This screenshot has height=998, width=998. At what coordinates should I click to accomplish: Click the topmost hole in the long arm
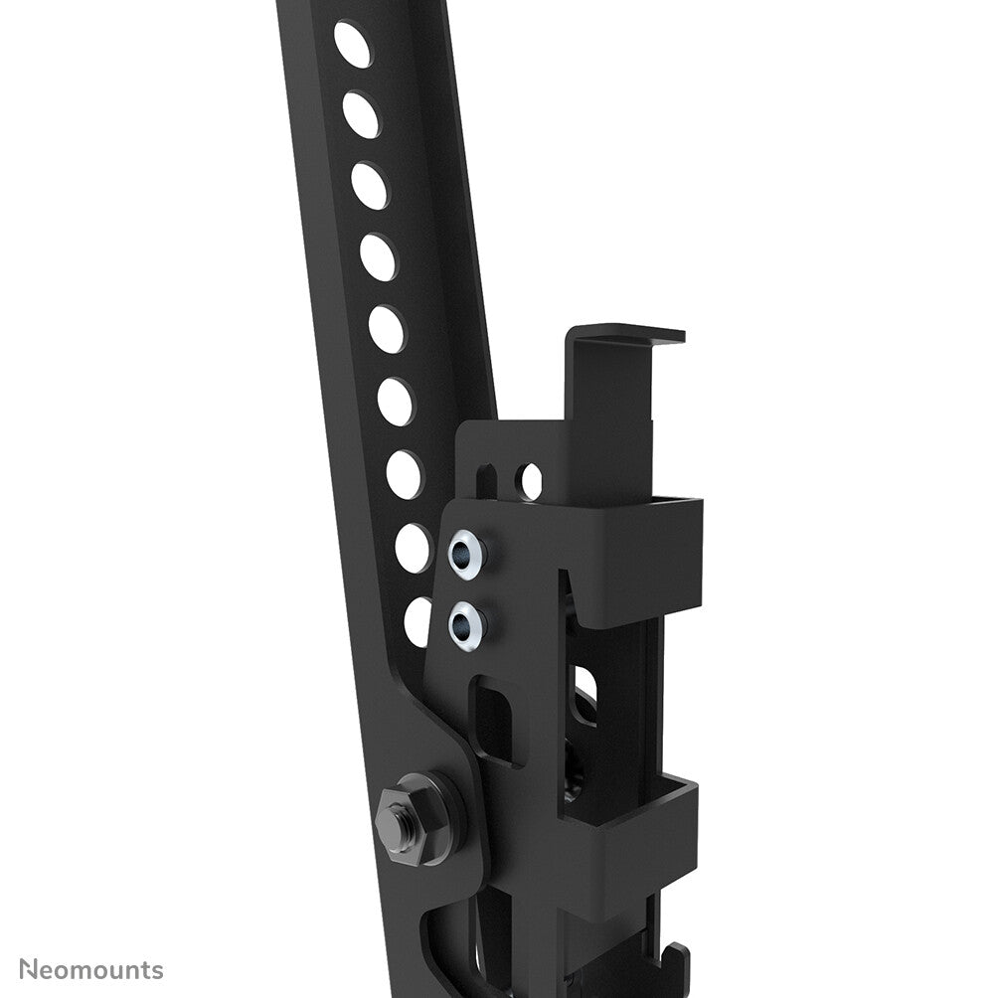click(352, 44)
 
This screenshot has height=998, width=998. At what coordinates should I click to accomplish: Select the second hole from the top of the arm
click(361, 114)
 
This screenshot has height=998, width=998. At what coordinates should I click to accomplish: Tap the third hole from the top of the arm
click(370, 186)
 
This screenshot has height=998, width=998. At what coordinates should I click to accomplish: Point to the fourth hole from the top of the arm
click(378, 257)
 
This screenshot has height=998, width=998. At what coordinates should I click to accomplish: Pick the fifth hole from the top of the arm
click(387, 329)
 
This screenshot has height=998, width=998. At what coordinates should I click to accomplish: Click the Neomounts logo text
click(91, 969)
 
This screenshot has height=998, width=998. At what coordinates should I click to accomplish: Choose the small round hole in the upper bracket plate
click(531, 481)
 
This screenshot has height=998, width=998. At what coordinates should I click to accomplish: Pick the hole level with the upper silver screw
click(412, 548)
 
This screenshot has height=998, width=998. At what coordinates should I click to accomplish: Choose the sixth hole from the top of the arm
click(395, 402)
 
